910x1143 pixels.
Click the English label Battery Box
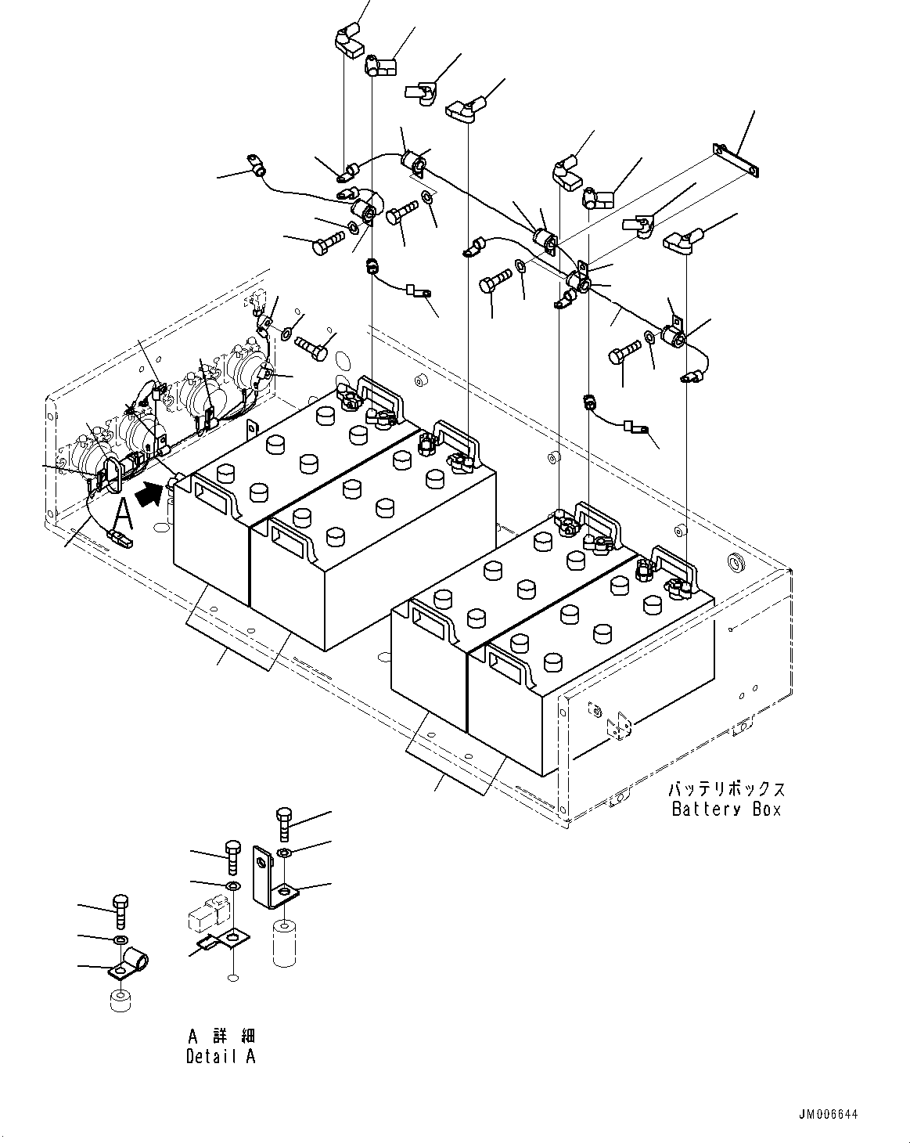pos(726,809)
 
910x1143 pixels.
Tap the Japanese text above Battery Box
pos(726,790)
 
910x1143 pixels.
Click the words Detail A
pos(221,1056)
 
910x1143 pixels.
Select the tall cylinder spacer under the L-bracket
pos(286,944)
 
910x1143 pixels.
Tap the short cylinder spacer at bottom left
pos(120,1002)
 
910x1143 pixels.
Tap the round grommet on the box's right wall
pos(736,562)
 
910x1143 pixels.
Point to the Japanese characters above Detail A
pos(221,1036)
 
